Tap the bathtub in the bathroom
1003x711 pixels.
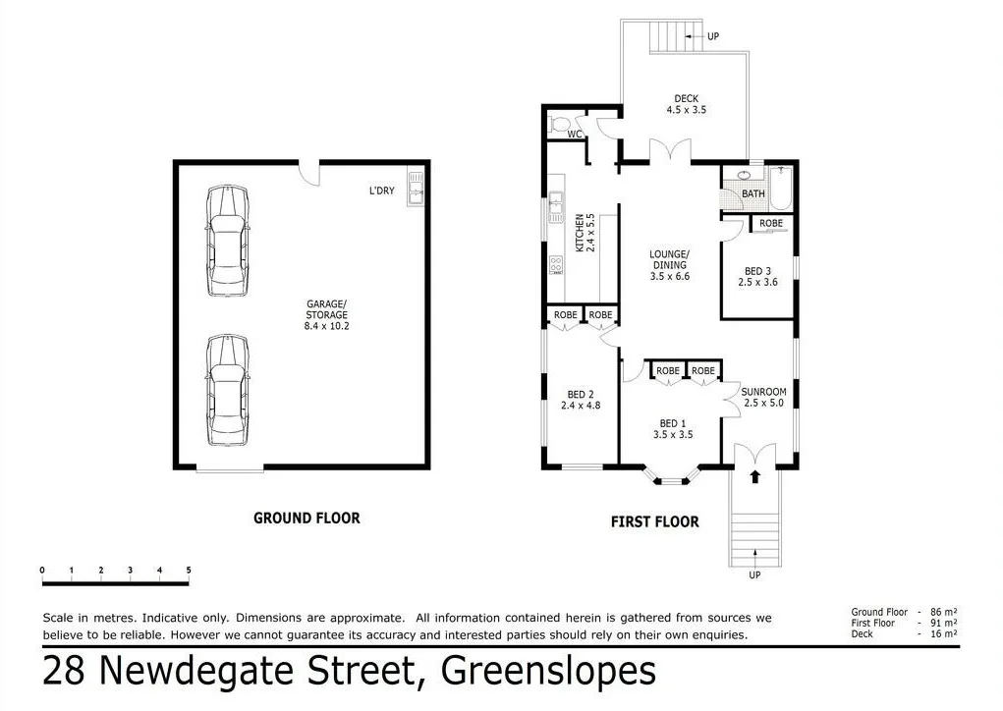coord(780,188)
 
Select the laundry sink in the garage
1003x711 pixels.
coord(416,188)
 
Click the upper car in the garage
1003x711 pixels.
coord(228,241)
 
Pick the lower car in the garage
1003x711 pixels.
coord(228,390)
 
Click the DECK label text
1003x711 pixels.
coord(687,98)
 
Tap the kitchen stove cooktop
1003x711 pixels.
coord(556,265)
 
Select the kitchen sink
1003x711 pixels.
coord(555,206)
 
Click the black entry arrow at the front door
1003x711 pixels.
coord(754,476)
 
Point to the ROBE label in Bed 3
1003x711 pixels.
coord(771,223)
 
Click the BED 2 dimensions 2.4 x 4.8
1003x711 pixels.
coord(581,406)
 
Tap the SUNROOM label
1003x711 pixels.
coord(763,392)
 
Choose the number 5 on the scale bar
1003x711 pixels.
coord(189,570)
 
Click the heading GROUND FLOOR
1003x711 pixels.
coord(307,518)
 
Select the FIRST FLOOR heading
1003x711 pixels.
coord(655,521)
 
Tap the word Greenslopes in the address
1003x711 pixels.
coord(549,671)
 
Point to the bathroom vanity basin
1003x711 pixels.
coord(745,175)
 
